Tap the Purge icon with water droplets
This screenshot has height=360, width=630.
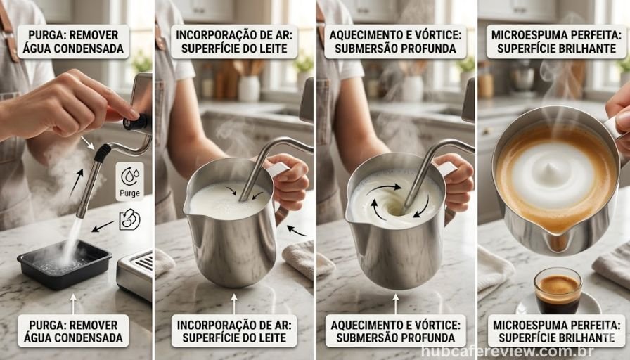tap(129, 181)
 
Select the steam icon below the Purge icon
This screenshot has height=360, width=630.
tap(129, 220)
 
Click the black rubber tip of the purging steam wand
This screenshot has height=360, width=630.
tap(103, 153)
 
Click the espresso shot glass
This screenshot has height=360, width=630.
tap(558, 290)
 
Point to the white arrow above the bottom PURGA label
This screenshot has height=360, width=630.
tap(72, 302)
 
